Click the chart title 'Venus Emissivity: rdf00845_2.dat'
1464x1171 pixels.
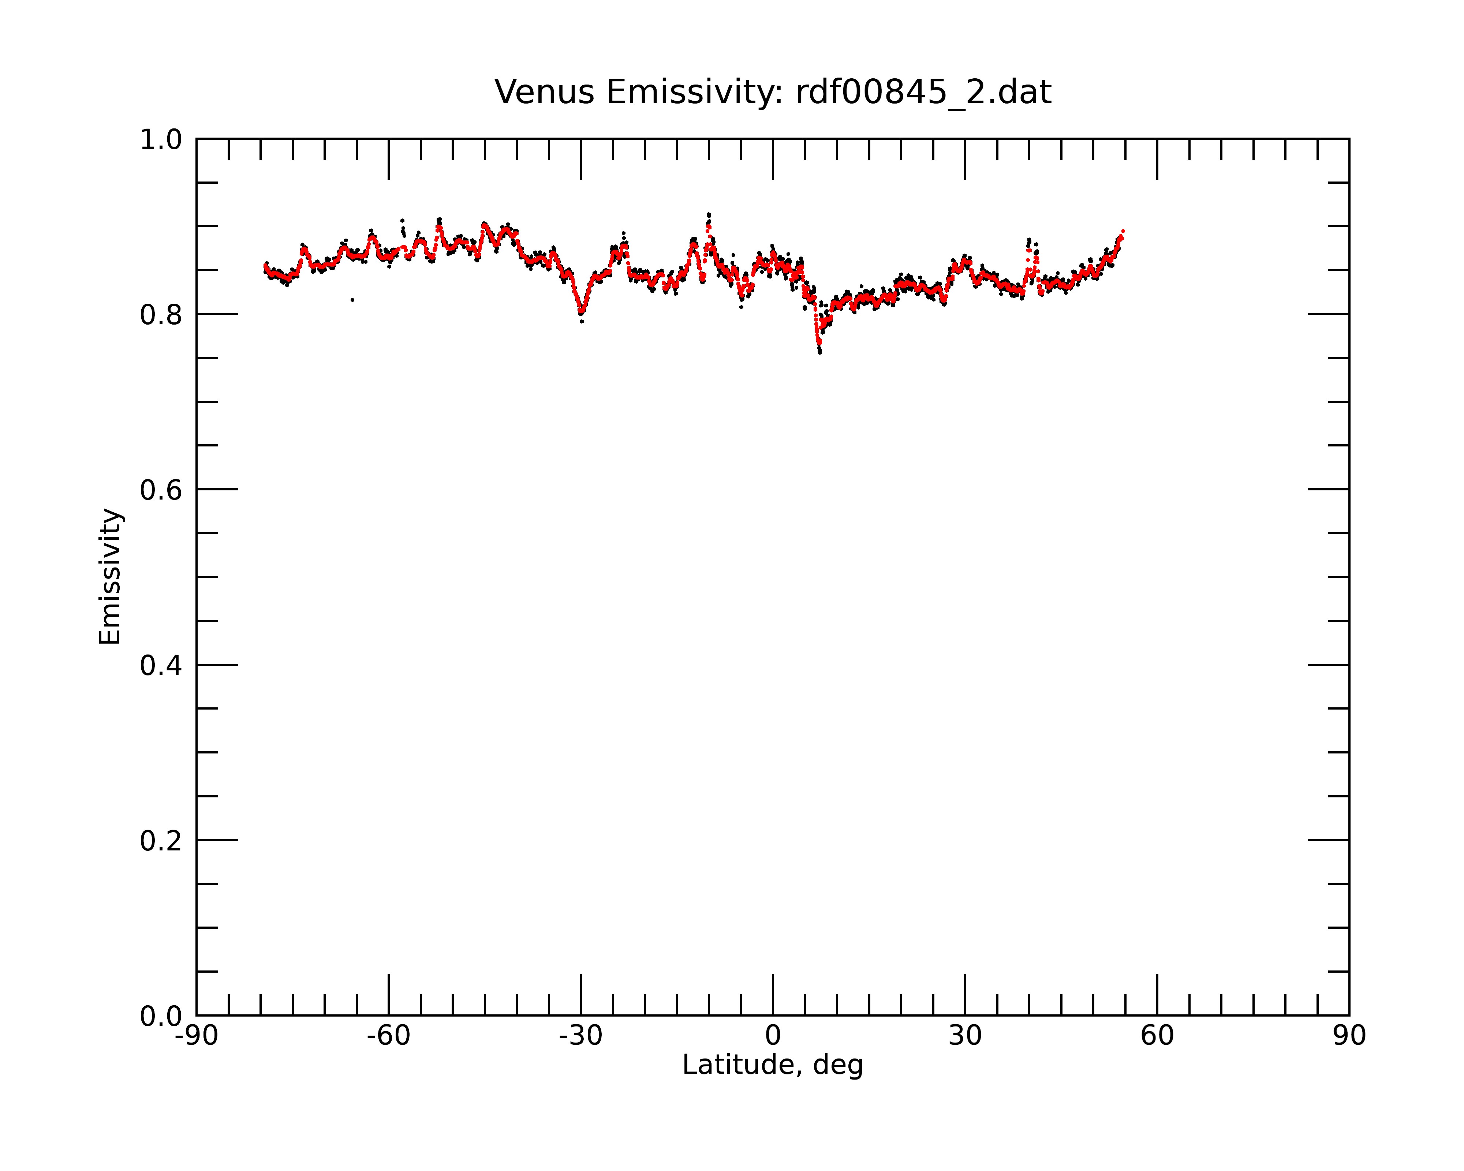(x=773, y=92)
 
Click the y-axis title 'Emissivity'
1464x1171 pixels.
(x=110, y=576)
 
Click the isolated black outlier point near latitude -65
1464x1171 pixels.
(x=352, y=299)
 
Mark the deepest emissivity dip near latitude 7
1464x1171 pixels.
(x=819, y=351)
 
